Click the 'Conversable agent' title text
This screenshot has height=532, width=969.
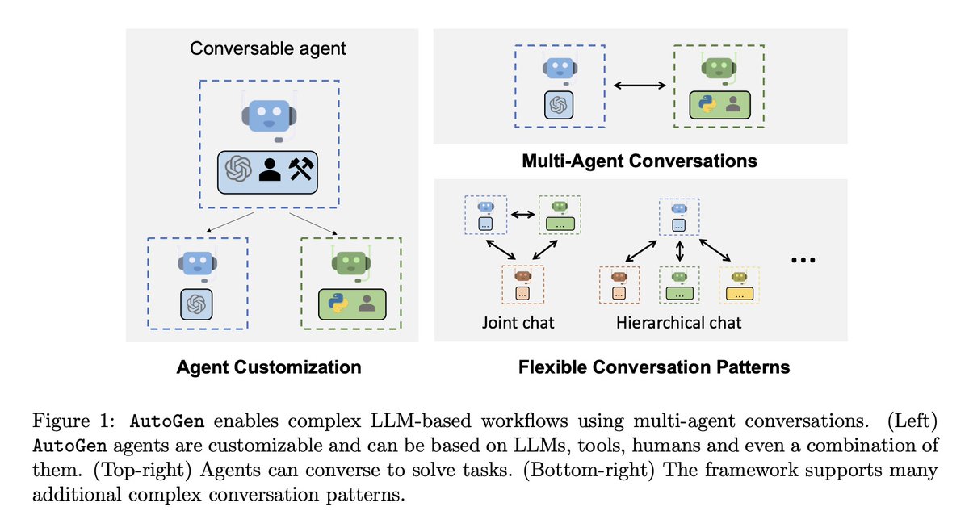(267, 48)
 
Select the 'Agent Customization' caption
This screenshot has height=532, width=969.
(269, 367)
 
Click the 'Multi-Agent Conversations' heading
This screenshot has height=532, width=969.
(640, 161)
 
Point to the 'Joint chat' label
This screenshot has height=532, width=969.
(519, 323)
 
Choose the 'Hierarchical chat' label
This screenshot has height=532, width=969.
(679, 323)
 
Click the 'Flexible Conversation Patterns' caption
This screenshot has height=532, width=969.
(654, 367)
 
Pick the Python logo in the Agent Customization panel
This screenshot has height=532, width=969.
(338, 303)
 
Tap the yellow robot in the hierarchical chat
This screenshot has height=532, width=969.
(737, 276)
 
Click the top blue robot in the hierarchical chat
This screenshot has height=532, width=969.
(679, 207)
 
